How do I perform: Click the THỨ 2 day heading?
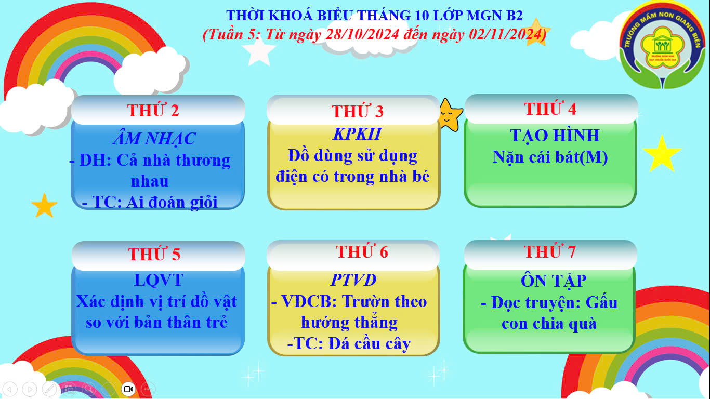(153, 110)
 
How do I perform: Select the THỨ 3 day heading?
(357, 111)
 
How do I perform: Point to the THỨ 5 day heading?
(154, 254)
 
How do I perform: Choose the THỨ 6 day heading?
(362, 251)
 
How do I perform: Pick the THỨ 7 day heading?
(549, 251)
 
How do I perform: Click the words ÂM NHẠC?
(154, 139)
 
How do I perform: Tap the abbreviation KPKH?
(357, 134)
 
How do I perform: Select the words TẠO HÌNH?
(555, 136)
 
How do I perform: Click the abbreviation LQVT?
(159, 280)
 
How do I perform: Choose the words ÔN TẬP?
(554, 281)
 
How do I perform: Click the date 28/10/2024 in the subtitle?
(362, 34)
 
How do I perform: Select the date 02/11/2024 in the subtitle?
(506, 34)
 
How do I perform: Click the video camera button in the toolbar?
(128, 389)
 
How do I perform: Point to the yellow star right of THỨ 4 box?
(662, 154)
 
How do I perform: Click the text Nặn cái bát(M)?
(550, 157)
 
